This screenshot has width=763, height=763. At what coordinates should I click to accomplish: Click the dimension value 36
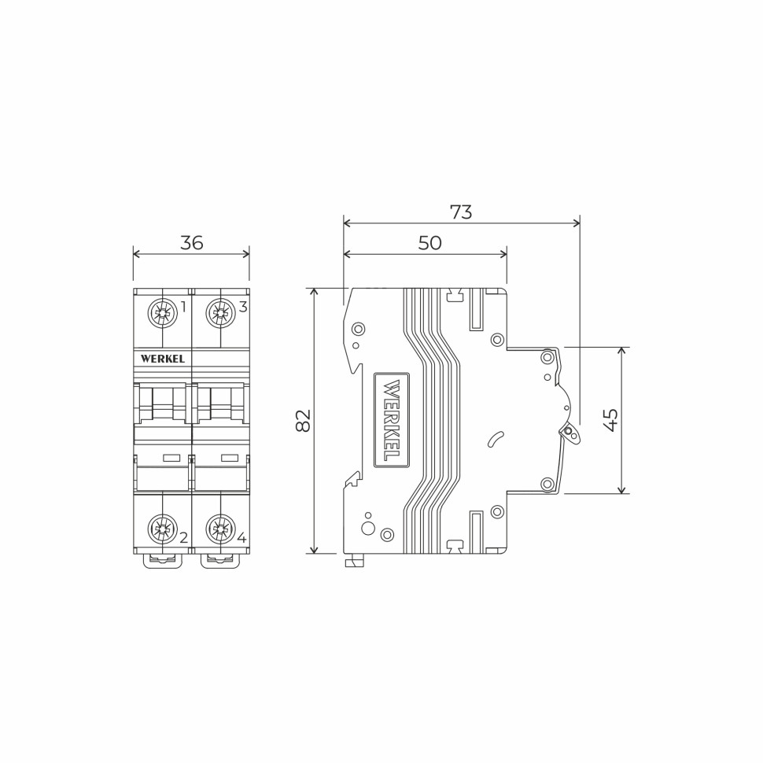click(191, 243)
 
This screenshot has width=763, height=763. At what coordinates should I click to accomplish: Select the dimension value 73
click(461, 212)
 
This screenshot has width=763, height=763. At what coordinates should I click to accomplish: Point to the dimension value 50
click(429, 243)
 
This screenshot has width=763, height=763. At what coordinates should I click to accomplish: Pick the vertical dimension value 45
click(611, 420)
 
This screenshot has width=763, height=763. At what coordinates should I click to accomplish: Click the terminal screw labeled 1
click(163, 313)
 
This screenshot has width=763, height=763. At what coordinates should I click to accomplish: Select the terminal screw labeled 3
click(220, 313)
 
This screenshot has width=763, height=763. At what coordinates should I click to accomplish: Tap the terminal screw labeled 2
click(163, 529)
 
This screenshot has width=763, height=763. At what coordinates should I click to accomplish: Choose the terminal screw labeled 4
click(220, 529)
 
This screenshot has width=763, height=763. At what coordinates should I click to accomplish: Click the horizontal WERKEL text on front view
click(163, 359)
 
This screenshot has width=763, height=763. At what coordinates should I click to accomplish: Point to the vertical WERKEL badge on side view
click(391, 420)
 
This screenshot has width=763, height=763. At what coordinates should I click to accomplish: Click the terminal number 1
click(183, 307)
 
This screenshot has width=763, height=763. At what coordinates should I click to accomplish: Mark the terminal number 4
click(241, 538)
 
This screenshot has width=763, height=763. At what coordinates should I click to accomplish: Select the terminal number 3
click(243, 307)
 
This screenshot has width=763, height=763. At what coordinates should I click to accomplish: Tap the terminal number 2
click(183, 538)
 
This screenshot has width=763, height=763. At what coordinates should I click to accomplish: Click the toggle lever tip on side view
click(569, 432)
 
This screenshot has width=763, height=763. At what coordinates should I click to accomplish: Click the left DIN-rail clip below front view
click(163, 560)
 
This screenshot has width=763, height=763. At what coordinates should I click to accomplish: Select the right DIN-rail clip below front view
click(220, 560)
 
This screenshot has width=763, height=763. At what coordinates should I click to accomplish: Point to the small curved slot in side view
click(496, 439)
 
